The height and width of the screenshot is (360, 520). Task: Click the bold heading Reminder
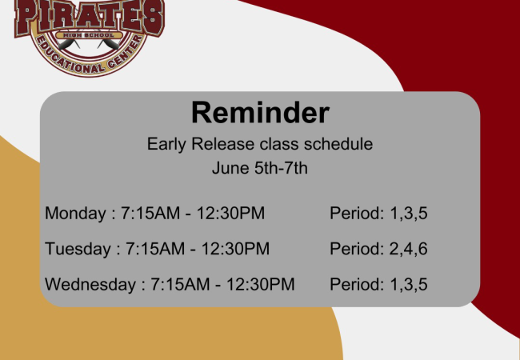pos(260,112)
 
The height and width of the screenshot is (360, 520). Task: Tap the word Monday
pos(75,214)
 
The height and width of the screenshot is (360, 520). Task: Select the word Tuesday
pos(78,249)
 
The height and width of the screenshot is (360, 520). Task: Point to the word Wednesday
pos(90,284)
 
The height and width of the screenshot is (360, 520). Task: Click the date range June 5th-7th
pos(260,168)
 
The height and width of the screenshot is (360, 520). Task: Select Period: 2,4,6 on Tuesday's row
pos(378,249)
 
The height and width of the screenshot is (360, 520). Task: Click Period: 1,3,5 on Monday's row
pos(378,213)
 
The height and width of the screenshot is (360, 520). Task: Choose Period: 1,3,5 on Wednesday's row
pos(378,285)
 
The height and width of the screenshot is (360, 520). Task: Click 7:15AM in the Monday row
pos(150,213)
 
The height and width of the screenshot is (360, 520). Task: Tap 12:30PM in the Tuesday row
pos(235,249)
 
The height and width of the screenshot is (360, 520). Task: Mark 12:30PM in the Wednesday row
pos(261,284)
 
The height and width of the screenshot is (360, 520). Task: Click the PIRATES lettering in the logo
pos(90,16)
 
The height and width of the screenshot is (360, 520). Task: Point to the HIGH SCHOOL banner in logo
pos(89,35)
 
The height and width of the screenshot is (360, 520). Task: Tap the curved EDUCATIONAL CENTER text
pos(90,60)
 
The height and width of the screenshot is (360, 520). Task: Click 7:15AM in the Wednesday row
pos(181,284)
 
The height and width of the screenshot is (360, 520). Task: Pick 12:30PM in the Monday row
pos(231,213)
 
